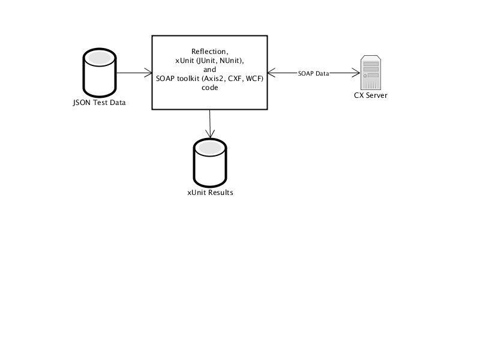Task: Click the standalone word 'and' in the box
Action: coord(209,70)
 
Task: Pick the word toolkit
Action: coord(191,79)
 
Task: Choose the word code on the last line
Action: coord(209,88)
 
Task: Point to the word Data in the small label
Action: coord(322,73)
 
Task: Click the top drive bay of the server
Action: coord(371,64)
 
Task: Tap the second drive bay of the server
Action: coord(371,69)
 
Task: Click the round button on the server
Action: coord(365,75)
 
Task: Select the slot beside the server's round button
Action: coord(373,75)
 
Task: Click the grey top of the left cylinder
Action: coord(100,58)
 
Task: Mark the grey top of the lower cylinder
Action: coord(210,148)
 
